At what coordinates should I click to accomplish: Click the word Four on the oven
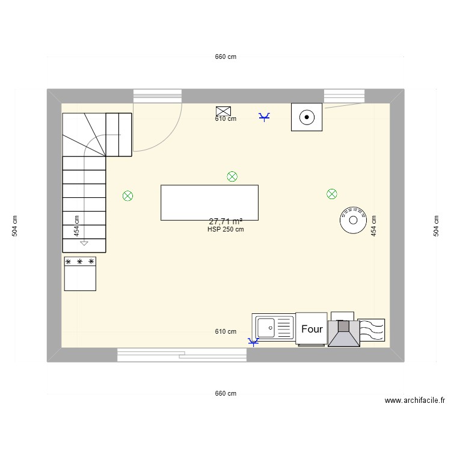311,329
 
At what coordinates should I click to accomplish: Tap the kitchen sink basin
266,328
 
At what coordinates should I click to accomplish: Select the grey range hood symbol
344,333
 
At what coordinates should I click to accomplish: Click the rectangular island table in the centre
209,203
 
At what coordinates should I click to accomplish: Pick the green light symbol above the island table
232,177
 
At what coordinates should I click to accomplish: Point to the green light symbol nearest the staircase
127,196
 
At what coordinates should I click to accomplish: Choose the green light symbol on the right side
331,194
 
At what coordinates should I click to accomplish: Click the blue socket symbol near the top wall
264,117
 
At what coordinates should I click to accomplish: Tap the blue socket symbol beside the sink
253,342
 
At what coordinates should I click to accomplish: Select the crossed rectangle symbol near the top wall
223,111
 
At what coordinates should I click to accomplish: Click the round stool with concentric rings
353,220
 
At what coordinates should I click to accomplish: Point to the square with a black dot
307,117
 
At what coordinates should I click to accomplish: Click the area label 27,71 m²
226,221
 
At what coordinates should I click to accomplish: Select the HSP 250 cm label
226,229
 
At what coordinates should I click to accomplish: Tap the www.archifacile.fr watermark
415,400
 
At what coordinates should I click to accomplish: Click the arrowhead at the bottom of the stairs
84,244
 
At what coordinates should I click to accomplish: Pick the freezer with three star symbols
80,274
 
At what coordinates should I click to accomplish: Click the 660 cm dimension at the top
226,57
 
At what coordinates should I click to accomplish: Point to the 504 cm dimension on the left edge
14,226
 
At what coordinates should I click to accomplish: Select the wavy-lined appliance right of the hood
372,330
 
